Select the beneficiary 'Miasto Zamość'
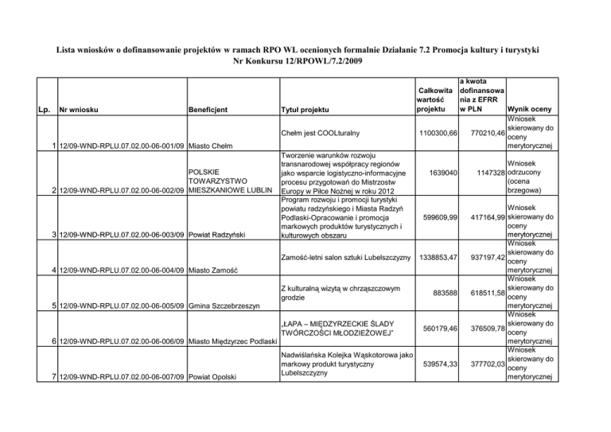pyautogui.click(x=212, y=270)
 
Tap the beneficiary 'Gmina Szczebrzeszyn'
pyautogui.click(x=228, y=306)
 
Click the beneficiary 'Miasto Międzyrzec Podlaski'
pyautogui.click(x=232, y=341)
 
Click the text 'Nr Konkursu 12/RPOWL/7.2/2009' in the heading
pyautogui.click(x=305, y=60)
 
